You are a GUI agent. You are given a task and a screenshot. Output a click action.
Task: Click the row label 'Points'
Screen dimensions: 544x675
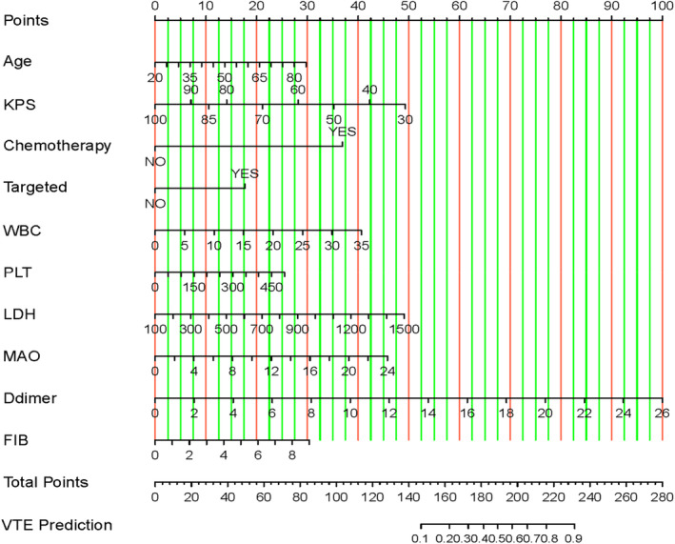(28, 20)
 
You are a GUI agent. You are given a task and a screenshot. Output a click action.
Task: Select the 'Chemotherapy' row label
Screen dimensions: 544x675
(57, 146)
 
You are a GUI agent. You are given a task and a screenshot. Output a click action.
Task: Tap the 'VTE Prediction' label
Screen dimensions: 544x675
(57, 525)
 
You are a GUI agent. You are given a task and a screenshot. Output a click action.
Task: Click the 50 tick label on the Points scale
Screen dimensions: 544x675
(407, 6)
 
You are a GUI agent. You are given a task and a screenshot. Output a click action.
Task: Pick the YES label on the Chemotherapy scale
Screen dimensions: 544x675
(343, 131)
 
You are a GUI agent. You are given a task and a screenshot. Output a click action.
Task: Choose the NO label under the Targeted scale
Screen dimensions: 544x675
(155, 203)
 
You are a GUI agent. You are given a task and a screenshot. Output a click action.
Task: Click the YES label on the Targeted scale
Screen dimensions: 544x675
(245, 174)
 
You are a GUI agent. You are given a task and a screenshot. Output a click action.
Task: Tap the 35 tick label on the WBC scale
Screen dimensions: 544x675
(361, 245)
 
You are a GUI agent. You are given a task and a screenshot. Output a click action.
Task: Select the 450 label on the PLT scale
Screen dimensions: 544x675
(272, 287)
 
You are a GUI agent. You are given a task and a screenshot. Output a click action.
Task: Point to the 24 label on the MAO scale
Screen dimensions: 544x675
(387, 372)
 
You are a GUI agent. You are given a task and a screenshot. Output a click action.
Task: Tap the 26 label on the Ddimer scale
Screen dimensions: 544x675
(662, 413)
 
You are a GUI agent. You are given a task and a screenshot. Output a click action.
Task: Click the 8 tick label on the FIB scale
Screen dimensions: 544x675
(293, 455)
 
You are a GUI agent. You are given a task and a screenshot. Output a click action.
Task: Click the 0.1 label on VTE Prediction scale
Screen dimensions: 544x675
(420, 538)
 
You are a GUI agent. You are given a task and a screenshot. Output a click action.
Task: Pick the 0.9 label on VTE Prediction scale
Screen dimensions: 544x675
(574, 538)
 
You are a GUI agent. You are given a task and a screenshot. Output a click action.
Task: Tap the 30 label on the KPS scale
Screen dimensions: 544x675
(406, 119)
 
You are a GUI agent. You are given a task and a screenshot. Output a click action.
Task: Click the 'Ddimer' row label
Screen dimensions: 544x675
(33, 398)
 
